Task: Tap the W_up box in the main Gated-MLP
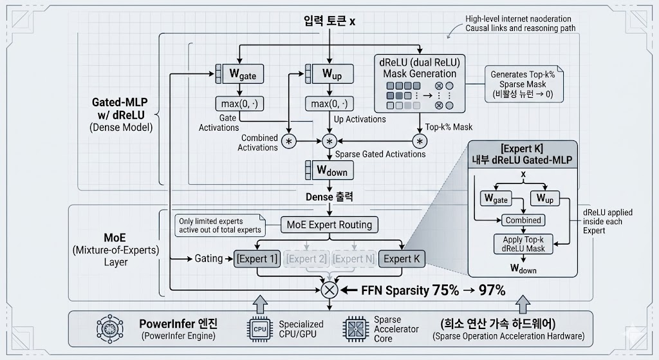329,75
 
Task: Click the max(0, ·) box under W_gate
239,104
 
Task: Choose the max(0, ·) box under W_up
329,104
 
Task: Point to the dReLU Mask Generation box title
419,68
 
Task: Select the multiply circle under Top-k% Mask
420,141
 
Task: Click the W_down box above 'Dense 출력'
329,171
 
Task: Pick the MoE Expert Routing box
329,225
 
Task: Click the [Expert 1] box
257,259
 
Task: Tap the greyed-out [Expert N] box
353,259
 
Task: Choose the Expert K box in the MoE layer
402,259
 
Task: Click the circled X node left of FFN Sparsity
329,290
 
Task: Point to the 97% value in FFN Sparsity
492,290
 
